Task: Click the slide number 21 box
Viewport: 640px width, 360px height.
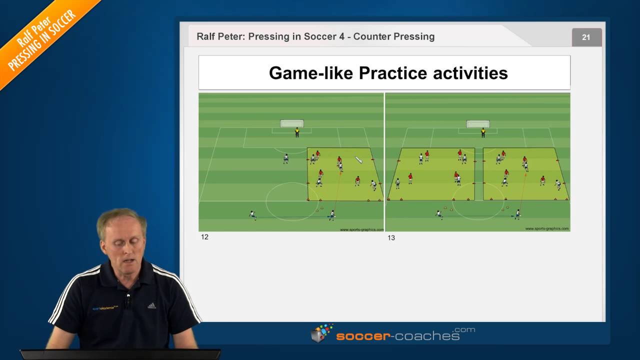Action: (586, 37)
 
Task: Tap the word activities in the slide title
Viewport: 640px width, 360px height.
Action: (470, 73)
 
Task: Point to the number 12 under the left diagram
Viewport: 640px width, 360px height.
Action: (204, 237)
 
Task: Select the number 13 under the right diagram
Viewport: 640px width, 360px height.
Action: (391, 238)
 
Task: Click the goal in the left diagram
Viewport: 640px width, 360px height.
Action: (292, 123)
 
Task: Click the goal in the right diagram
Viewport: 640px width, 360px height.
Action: (478, 123)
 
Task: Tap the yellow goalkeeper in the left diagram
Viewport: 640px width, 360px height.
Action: (297, 132)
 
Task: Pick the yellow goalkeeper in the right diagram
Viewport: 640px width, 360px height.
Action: (483, 132)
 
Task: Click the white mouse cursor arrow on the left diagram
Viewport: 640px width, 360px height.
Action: (358, 159)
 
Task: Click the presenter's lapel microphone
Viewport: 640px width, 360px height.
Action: (128, 300)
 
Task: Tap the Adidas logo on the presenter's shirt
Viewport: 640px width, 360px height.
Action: (151, 305)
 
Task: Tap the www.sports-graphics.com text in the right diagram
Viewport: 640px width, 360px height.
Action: (546, 228)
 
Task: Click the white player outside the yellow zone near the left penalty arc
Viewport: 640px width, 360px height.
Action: (285, 158)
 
